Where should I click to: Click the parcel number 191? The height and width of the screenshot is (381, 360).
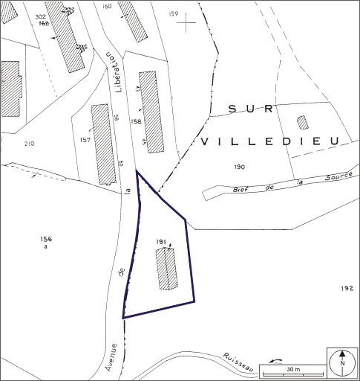tap(160, 242)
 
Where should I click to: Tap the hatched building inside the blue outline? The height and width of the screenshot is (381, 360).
tap(167, 269)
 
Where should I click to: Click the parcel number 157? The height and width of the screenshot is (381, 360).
tap(85, 139)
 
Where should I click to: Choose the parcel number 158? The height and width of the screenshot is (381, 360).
tap(136, 121)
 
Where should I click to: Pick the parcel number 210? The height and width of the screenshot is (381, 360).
tap(30, 143)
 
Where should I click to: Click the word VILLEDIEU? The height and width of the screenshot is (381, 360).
tap(269, 140)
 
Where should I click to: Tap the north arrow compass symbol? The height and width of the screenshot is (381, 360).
tap(341, 363)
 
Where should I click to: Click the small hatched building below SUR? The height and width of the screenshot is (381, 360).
tap(302, 122)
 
